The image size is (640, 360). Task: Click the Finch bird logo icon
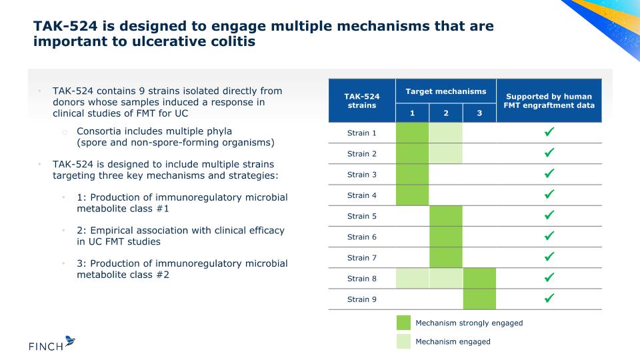[x=70, y=341]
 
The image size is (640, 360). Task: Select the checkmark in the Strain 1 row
[x=549, y=131]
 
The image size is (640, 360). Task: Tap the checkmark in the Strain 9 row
[x=549, y=298]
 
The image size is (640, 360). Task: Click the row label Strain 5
[x=361, y=216]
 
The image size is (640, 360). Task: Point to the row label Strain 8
[x=361, y=279]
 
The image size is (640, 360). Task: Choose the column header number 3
[x=479, y=113]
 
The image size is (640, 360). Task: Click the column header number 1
[x=412, y=113]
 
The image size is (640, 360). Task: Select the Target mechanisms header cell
[x=446, y=91]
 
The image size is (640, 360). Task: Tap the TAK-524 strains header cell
[x=362, y=101]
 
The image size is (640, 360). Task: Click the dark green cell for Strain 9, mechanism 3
[x=479, y=299]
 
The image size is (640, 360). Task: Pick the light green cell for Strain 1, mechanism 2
[x=446, y=133]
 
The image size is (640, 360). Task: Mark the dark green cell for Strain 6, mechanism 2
[x=446, y=237]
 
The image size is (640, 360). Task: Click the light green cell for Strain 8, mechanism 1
[x=412, y=279]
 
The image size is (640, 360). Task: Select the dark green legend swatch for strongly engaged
[x=404, y=323]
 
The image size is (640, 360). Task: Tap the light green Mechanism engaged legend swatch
[x=404, y=341]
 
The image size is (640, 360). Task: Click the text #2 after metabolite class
[x=163, y=275]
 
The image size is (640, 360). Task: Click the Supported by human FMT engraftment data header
[x=549, y=101]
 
